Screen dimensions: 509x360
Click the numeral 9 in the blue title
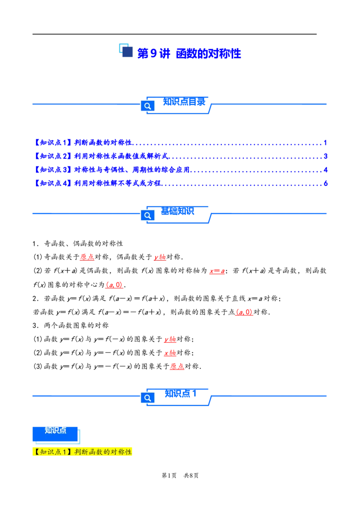(153, 54)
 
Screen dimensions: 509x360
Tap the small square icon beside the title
(125, 49)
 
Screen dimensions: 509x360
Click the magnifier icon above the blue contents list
(147, 106)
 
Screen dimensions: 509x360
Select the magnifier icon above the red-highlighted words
(147, 215)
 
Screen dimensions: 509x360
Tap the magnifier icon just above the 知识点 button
(147, 397)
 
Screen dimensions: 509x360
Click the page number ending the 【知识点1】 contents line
(325, 143)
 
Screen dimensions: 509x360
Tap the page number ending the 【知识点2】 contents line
(325, 156)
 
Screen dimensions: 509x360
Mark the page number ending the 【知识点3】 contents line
(325, 170)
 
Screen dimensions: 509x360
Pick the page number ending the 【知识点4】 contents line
(325, 183)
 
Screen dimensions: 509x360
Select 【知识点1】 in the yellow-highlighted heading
(52, 452)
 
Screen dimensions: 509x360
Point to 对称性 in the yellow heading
(121, 452)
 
